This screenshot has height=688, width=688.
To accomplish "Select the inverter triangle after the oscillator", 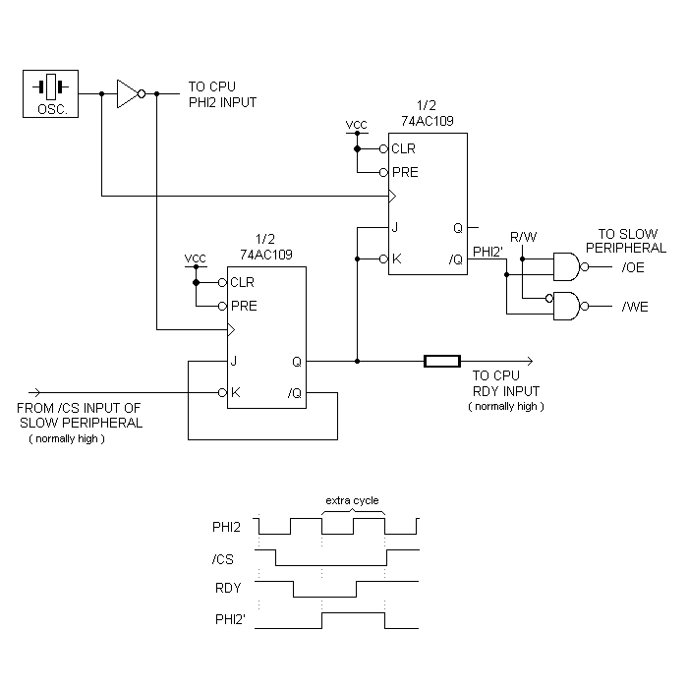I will click(129, 93).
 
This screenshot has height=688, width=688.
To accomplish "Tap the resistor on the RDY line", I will click(441, 361).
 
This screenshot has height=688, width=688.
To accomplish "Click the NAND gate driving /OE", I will click(567, 266).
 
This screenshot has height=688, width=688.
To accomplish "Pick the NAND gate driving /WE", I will click(567, 306).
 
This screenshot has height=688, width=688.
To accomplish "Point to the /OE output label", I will click(635, 267).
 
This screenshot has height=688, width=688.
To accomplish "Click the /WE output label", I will click(635, 307).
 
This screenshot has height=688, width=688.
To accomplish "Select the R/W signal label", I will click(522, 237).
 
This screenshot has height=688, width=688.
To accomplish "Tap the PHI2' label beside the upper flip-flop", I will click(488, 251).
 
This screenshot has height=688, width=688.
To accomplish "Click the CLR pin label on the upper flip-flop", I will click(403, 149).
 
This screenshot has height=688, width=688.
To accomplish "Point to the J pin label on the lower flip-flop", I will click(234, 361).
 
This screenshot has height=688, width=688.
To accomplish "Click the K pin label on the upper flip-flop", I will click(395, 259).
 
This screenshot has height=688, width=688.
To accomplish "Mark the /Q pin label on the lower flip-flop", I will click(294, 393).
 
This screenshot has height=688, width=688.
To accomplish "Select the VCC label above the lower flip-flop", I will click(196, 258).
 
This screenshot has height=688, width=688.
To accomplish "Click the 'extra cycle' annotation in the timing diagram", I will click(353, 499).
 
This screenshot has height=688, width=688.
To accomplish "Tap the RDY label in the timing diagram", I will click(227, 588).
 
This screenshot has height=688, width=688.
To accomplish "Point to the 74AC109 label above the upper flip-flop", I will click(427, 120).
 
